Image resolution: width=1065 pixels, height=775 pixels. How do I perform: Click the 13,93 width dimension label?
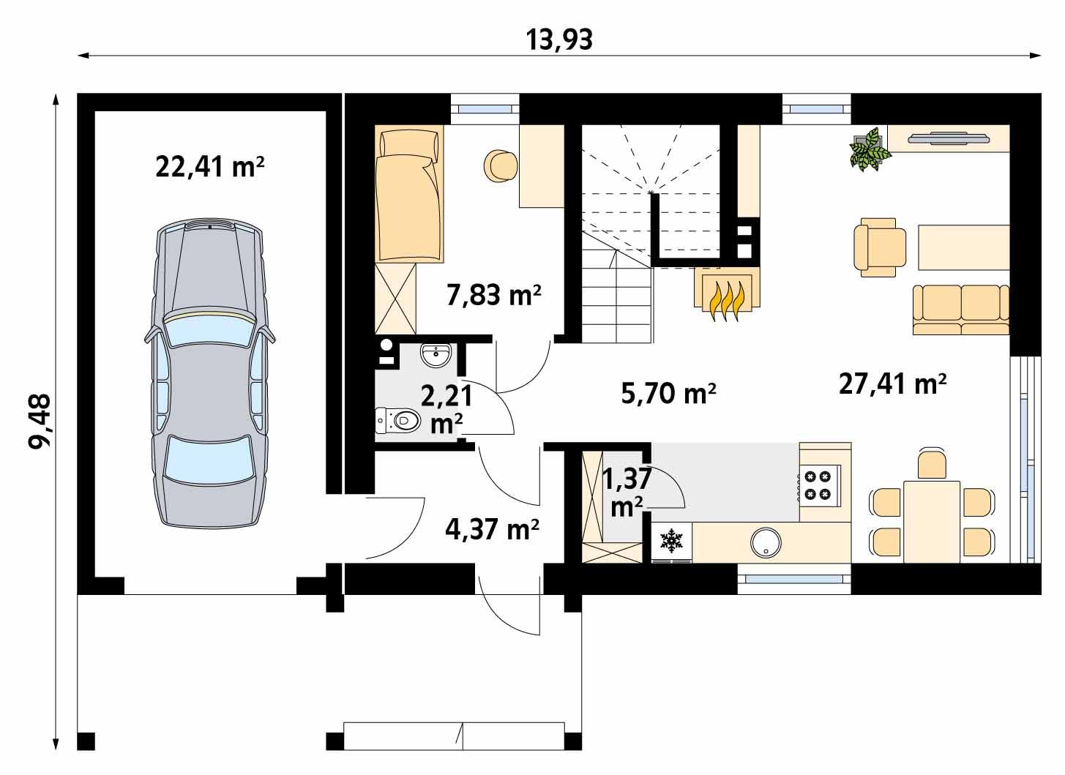point(559,40)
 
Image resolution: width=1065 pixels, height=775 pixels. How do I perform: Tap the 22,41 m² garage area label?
point(209,168)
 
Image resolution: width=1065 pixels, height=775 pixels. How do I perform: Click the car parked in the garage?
point(209,373)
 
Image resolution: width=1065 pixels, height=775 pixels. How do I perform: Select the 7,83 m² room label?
point(493,295)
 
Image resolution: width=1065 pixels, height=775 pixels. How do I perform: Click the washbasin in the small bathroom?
point(437,356)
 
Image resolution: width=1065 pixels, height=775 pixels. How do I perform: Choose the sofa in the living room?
point(960,309)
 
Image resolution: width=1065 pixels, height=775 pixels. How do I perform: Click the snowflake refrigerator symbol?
point(670,541)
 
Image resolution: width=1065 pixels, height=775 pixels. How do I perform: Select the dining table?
point(931,521)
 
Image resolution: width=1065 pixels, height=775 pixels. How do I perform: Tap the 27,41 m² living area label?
point(892,383)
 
